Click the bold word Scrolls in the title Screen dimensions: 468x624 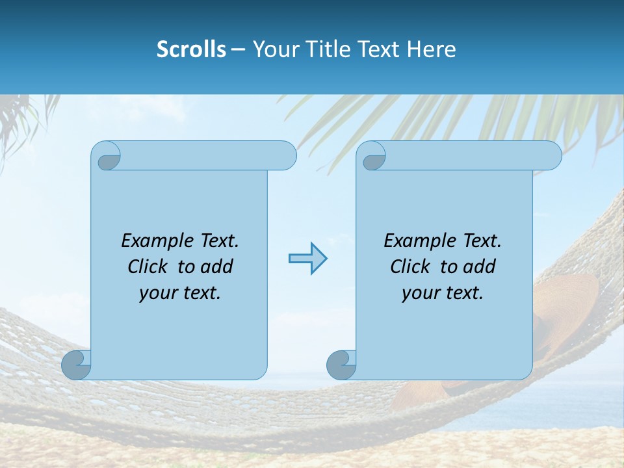click(192, 49)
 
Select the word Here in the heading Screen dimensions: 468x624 click(431, 49)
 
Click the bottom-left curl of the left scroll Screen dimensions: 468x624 click(77, 365)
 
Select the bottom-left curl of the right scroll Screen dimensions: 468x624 click(341, 365)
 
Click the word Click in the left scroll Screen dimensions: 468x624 click(149, 266)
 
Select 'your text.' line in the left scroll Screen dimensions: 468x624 click(180, 293)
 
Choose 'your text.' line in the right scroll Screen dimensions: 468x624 click(442, 293)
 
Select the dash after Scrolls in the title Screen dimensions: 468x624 click(238, 49)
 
